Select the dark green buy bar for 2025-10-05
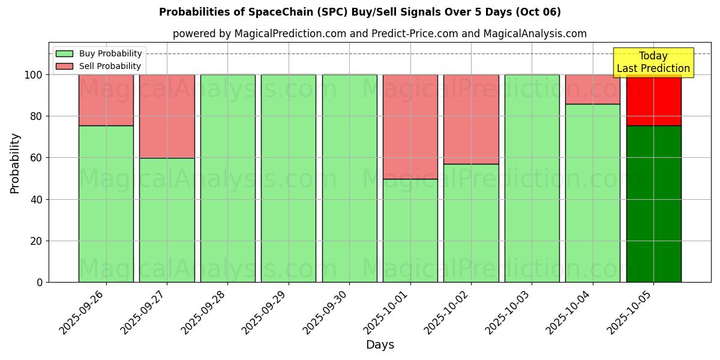point(653,204)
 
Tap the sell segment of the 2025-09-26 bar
point(106,100)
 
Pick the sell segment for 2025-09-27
point(167,116)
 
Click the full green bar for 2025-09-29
point(289,178)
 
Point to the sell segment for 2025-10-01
point(410,127)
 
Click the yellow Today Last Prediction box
point(653,62)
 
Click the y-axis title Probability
point(16,163)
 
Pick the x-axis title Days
point(380,345)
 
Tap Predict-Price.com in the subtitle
point(407,34)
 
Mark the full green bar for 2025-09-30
point(349,178)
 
